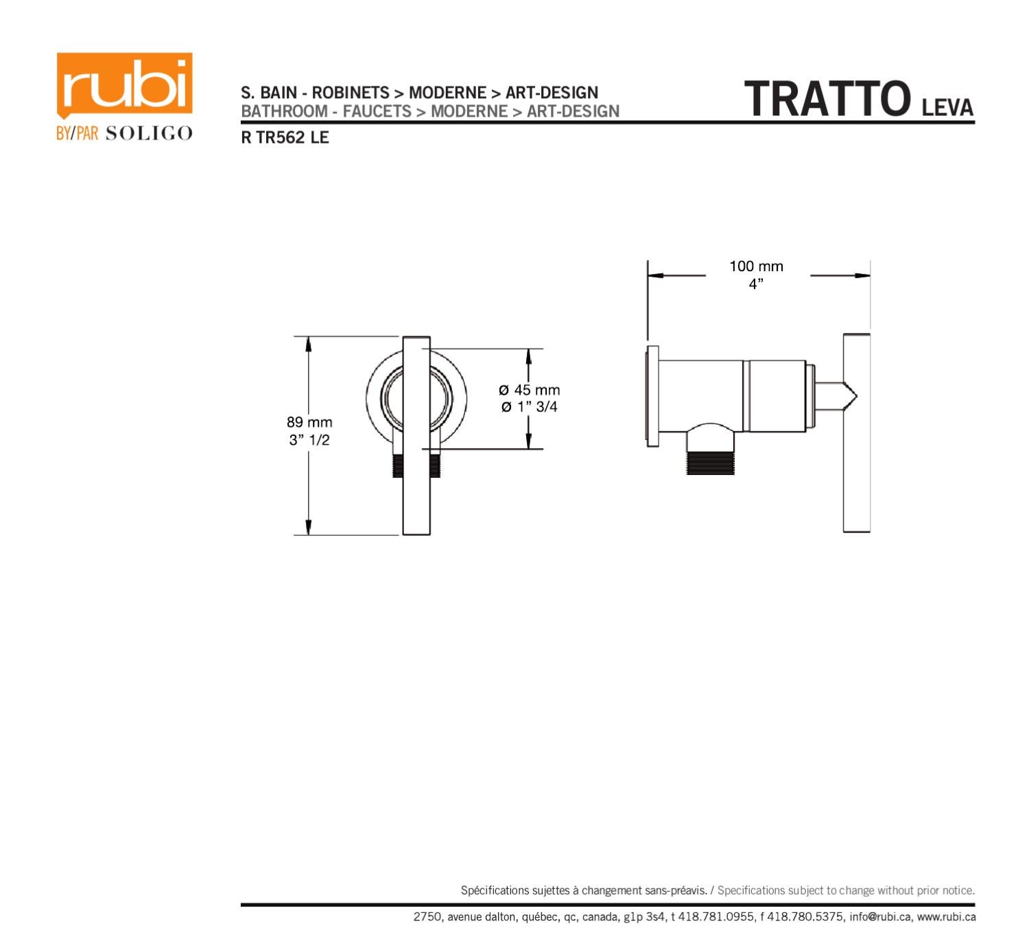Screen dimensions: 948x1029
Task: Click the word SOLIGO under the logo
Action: pyautogui.click(x=149, y=134)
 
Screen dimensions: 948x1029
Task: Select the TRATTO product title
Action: pyautogui.click(x=827, y=100)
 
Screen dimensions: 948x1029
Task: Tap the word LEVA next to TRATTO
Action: pyautogui.click(x=947, y=108)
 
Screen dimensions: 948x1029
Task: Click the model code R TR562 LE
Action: pyautogui.click(x=285, y=138)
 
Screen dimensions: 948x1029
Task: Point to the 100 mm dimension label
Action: pyautogui.click(x=756, y=266)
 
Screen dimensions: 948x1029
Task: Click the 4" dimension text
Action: pyautogui.click(x=756, y=284)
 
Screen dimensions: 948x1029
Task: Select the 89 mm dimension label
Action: pyautogui.click(x=309, y=422)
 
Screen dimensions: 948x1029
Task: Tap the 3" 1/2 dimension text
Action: pyautogui.click(x=309, y=440)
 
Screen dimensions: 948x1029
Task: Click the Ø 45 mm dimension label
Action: pyautogui.click(x=529, y=390)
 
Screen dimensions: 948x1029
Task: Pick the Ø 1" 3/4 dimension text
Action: pyautogui.click(x=529, y=407)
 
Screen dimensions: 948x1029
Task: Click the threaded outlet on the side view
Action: pyautogui.click(x=710, y=462)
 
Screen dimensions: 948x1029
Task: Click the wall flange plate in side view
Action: pyautogui.click(x=652, y=396)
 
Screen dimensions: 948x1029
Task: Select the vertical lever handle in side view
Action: pyautogui.click(x=856, y=433)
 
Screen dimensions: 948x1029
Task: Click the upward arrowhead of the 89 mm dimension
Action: pyautogui.click(x=309, y=344)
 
